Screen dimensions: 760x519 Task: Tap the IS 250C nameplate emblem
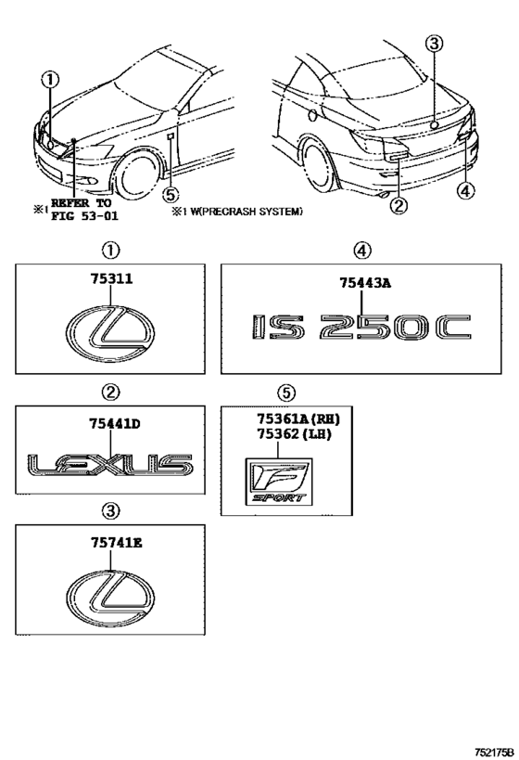pos(361,328)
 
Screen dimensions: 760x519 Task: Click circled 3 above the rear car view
pos(436,43)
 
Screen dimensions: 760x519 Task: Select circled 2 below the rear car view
pos(399,206)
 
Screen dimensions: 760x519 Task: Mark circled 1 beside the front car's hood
pos(51,80)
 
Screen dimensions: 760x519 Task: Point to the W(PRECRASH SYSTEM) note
pos(243,212)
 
